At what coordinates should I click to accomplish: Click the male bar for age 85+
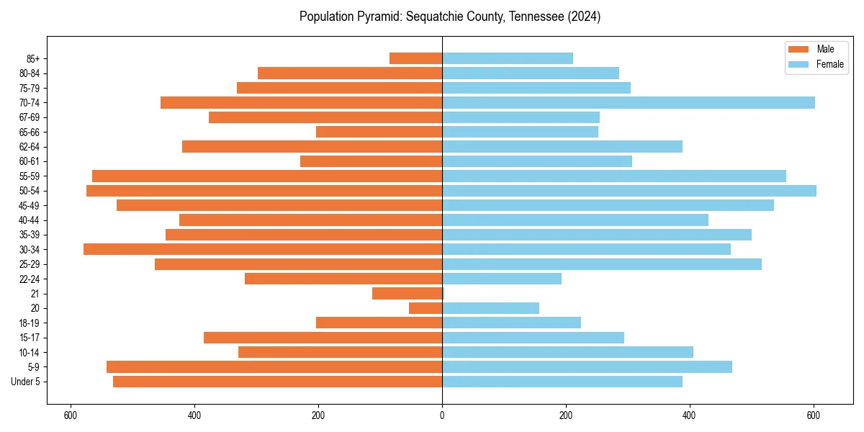[x=415, y=58]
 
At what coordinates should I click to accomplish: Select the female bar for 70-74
[x=628, y=103]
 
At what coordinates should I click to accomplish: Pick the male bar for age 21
[x=407, y=294]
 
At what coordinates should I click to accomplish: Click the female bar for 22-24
[x=502, y=279]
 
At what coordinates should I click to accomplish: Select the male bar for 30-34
[x=263, y=249]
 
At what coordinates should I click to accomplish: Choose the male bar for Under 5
[x=277, y=382]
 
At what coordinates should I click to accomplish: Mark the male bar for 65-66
[x=379, y=132]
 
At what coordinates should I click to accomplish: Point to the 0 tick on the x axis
[x=442, y=415]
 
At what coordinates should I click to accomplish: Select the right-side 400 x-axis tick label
[x=690, y=415]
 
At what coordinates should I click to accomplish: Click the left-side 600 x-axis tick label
[x=71, y=415]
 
